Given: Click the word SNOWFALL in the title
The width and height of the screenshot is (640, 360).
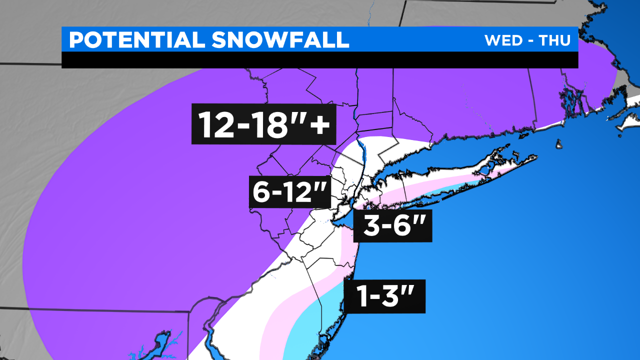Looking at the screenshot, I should click(x=280, y=40).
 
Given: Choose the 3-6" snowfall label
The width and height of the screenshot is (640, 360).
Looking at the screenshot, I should click(x=392, y=226).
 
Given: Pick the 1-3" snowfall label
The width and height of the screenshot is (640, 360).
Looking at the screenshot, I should click(x=384, y=296).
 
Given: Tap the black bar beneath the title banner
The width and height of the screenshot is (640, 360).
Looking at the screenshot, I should click(x=320, y=59).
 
